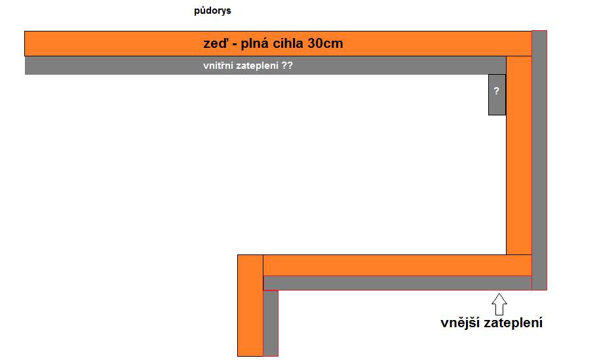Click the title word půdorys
click(212, 10)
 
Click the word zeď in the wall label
click(216, 43)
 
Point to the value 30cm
click(325, 43)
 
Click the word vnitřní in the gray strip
click(218, 65)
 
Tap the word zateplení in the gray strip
click(258, 66)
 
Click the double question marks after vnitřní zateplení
click(287, 65)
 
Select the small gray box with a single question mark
click(497, 94)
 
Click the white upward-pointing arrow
click(499, 304)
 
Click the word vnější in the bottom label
click(461, 323)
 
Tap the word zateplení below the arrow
click(513, 323)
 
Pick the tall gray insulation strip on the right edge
click(539, 161)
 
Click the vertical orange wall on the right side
click(519, 155)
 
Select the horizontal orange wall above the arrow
click(398, 266)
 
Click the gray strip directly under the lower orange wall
click(398, 283)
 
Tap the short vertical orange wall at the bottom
click(250, 306)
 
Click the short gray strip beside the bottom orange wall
click(271, 323)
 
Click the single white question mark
click(497, 90)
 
